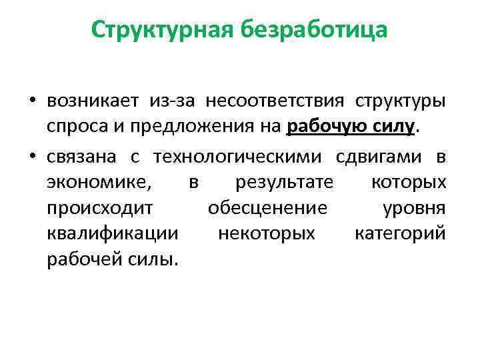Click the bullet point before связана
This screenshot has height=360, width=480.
(x=32, y=157)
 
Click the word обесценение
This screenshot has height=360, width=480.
(x=267, y=209)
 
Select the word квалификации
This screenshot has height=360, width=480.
(x=113, y=235)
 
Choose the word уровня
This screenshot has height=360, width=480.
(x=414, y=209)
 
